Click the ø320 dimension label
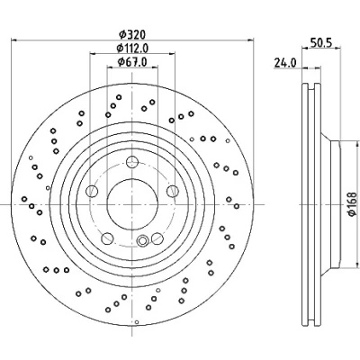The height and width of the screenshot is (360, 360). click(x=132, y=34)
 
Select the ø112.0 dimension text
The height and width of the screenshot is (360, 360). click(x=132, y=48)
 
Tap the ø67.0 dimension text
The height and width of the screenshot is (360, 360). click(x=132, y=62)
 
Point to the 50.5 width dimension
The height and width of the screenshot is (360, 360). click(x=320, y=43)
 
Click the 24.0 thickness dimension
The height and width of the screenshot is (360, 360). click(x=284, y=63)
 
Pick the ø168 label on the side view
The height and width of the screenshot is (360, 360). click(x=352, y=204)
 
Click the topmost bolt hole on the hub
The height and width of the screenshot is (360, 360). click(x=132, y=162)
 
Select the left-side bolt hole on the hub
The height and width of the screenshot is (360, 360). click(x=92, y=191)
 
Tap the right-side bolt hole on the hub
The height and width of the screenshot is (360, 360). click(x=173, y=191)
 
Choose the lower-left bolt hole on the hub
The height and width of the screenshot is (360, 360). click(x=107, y=238)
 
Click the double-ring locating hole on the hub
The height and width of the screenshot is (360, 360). click(x=142, y=240)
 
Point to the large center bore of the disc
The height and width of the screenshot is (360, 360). click(x=132, y=204)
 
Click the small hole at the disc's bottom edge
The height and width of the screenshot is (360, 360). click(x=137, y=322)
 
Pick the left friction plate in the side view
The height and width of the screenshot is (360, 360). click(x=305, y=204)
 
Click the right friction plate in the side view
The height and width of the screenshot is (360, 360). click(x=318, y=204)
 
